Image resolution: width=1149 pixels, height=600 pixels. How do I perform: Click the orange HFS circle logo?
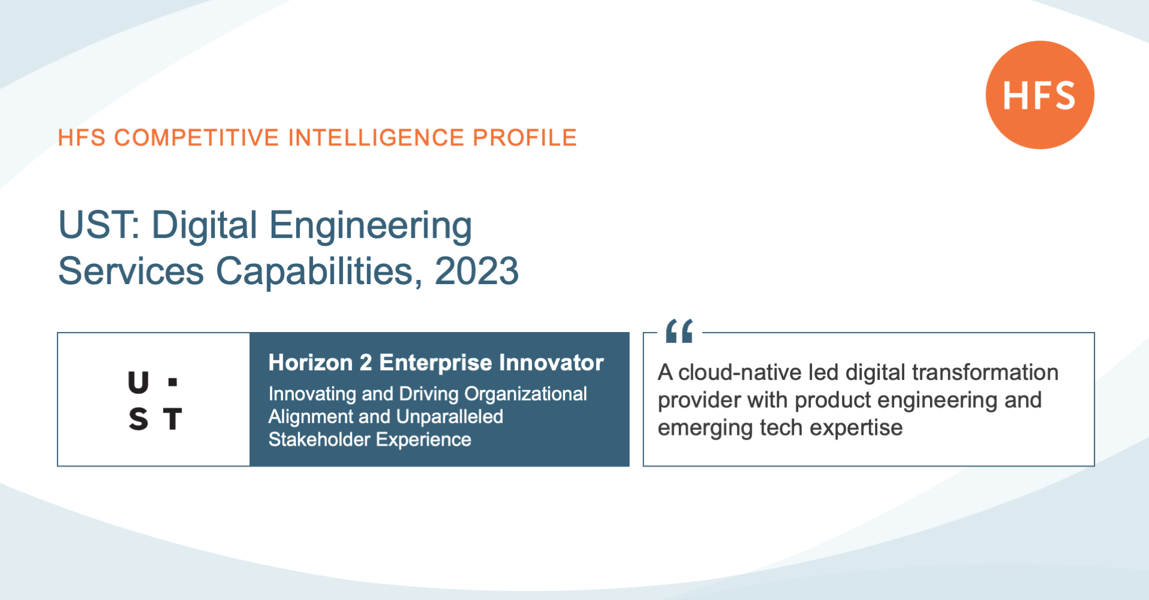click(x=1040, y=95)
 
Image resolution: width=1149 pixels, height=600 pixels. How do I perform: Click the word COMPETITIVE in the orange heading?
click(x=197, y=138)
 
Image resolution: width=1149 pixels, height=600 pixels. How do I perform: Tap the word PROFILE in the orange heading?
click(x=525, y=138)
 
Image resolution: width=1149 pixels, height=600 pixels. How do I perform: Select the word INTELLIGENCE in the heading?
click(x=376, y=138)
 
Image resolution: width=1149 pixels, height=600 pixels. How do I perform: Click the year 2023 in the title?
click(x=477, y=271)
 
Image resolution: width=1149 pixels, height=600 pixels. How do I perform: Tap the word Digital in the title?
click(x=205, y=226)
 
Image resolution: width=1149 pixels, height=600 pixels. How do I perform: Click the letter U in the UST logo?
click(x=138, y=382)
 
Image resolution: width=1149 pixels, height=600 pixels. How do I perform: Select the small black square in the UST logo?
click(x=173, y=382)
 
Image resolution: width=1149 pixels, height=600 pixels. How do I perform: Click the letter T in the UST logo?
click(x=172, y=419)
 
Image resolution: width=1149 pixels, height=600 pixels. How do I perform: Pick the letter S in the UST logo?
click(x=138, y=419)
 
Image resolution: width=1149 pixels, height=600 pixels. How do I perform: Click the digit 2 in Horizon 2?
click(x=366, y=363)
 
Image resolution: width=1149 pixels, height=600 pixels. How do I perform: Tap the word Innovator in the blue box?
click(x=551, y=363)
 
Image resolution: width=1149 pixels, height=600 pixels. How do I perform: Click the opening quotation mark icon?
click(x=679, y=331)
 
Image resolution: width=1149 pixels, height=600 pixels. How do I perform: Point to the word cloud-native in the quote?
click(x=740, y=373)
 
